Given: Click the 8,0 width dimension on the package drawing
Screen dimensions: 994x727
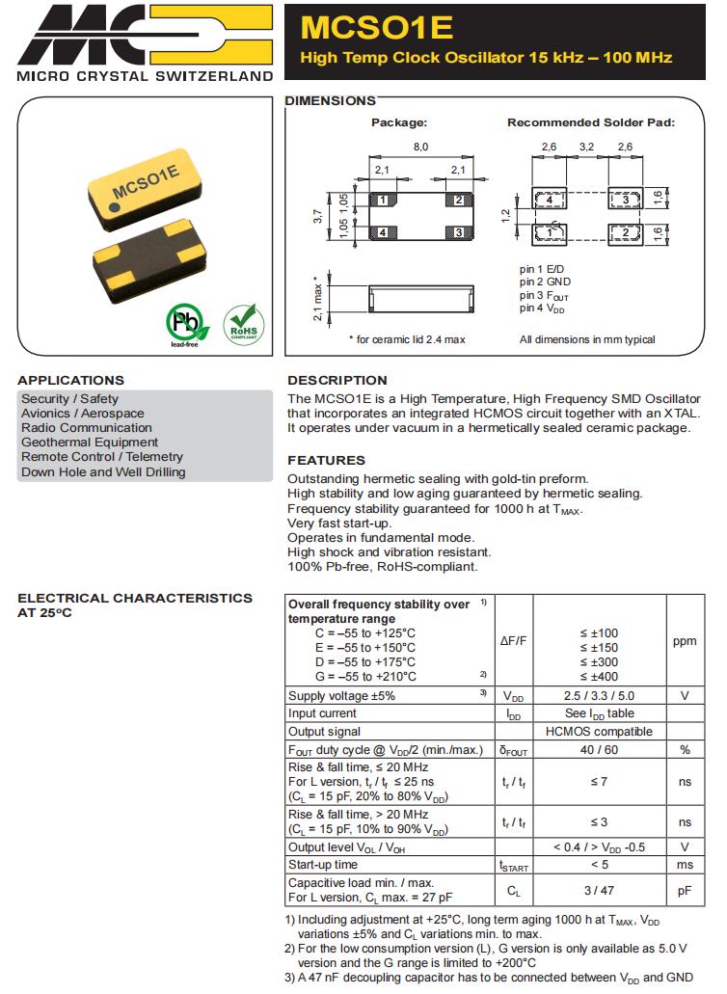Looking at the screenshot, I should pyautogui.click(x=420, y=146).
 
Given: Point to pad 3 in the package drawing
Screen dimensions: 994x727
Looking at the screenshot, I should pyautogui.click(x=459, y=232).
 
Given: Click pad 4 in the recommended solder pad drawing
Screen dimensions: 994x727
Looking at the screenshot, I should pyautogui.click(x=549, y=199).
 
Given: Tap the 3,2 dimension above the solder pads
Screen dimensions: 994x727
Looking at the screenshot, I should pyautogui.click(x=586, y=147).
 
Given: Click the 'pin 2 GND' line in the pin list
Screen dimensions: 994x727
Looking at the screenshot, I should pyautogui.click(x=546, y=282).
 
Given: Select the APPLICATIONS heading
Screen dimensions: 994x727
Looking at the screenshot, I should pyautogui.click(x=70, y=380).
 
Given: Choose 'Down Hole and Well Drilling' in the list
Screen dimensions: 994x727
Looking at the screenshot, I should pyautogui.click(x=103, y=471).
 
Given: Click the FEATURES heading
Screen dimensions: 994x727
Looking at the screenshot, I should pyautogui.click(x=326, y=460).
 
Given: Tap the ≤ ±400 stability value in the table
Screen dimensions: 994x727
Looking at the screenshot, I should pyautogui.click(x=599, y=677).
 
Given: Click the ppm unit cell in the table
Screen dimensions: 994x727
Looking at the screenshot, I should pyautogui.click(x=685, y=640).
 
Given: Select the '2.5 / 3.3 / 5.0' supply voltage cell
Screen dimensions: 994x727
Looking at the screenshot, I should pyautogui.click(x=599, y=695).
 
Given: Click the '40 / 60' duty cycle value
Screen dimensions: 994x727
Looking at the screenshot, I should pyautogui.click(x=599, y=750).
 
